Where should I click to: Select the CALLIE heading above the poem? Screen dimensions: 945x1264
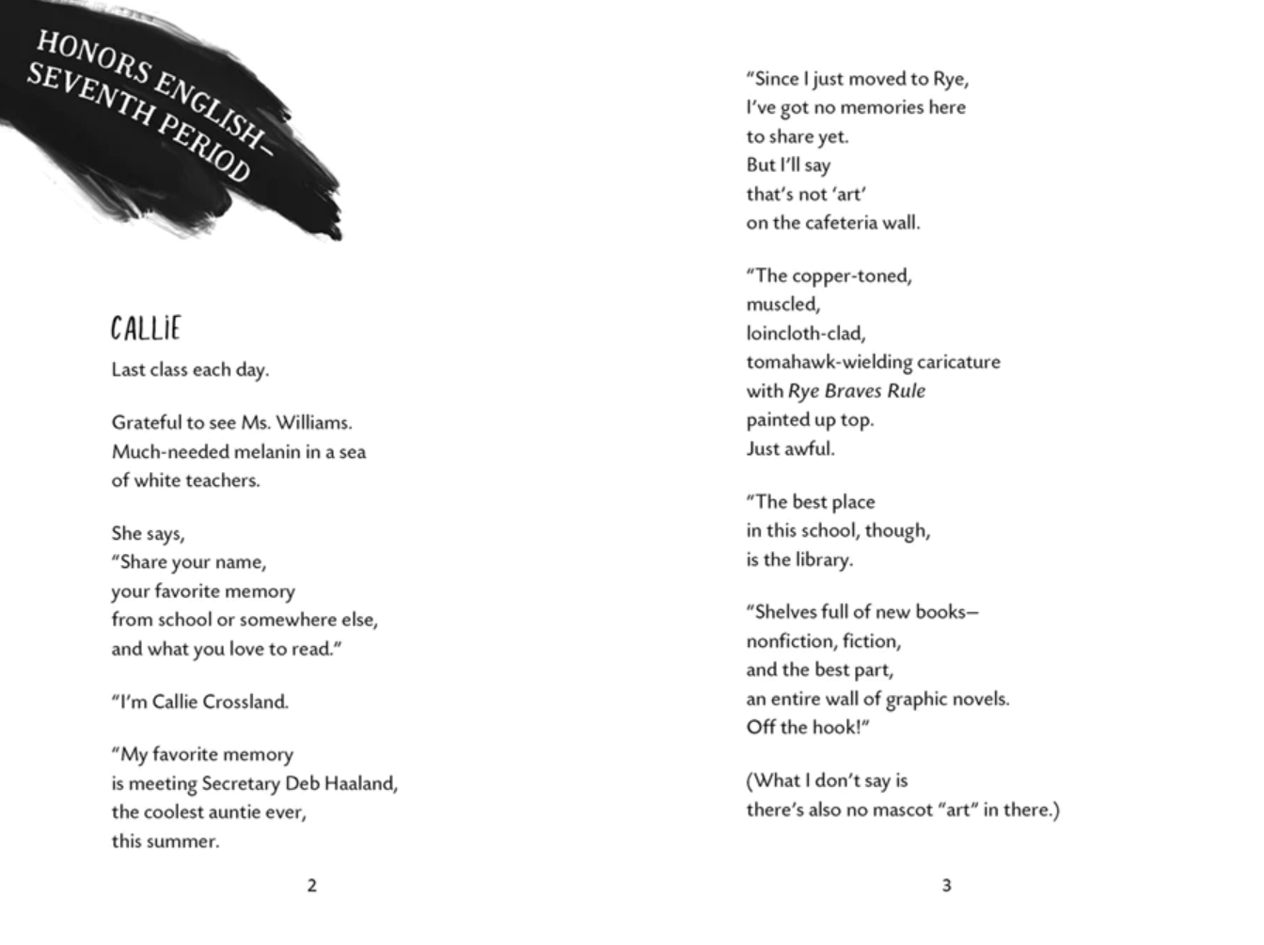coord(145,329)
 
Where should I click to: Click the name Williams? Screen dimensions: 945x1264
coord(313,423)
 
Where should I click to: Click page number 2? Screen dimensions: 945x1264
coord(312,886)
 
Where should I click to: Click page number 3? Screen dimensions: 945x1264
coord(946,886)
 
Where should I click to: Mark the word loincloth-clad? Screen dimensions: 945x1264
coord(806,334)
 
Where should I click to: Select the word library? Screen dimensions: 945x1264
coord(824,560)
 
